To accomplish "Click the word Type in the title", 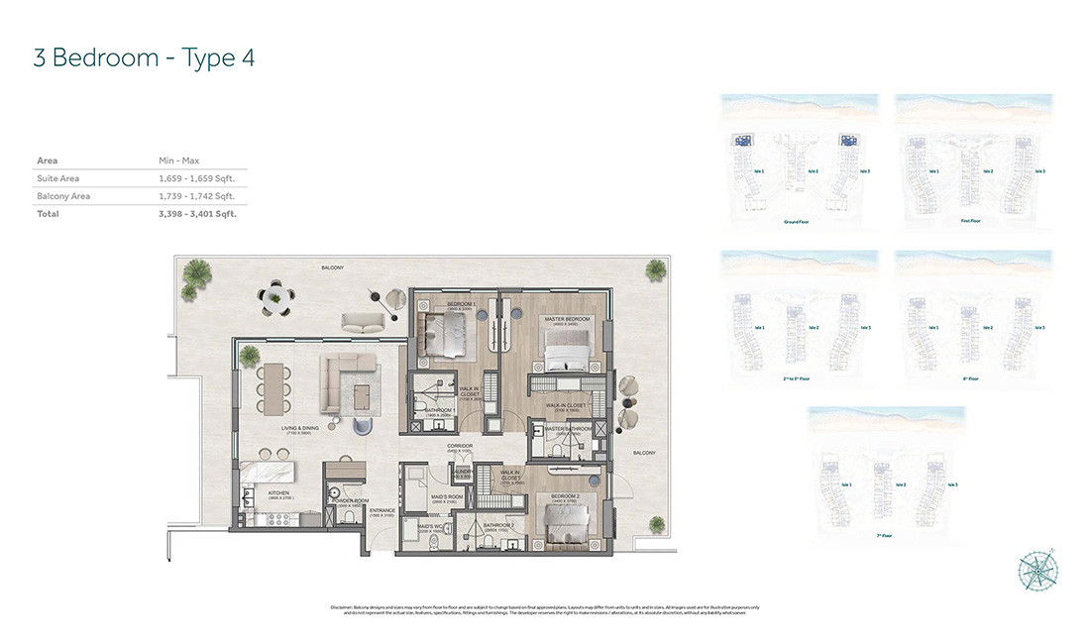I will pyautogui.click(x=202, y=57).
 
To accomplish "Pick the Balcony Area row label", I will pyautogui.click(x=63, y=196).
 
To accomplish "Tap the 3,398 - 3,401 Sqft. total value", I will pyautogui.click(x=197, y=213).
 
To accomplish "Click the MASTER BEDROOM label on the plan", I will pyautogui.click(x=567, y=319).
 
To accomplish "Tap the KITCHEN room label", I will pyautogui.click(x=278, y=491).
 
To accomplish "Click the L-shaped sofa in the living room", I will pyautogui.click(x=349, y=382).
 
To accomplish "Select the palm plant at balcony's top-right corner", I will pyautogui.click(x=656, y=269).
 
